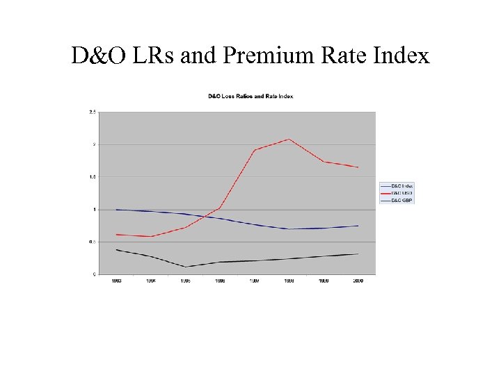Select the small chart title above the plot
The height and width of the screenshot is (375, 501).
pos(250,96)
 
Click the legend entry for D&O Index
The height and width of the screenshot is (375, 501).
pos(401,186)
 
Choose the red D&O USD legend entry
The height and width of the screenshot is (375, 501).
pos(401,193)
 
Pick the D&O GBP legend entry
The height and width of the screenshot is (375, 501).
pos(401,200)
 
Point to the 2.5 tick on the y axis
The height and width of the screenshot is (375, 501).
pos(92,112)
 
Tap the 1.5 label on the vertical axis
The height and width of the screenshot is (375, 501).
pos(92,177)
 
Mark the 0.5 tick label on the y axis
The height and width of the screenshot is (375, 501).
pos(92,242)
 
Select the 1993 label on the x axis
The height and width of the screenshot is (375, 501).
pos(116,281)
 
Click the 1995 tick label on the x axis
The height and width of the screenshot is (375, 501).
pos(185,281)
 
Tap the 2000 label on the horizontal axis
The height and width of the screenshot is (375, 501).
pos(358,281)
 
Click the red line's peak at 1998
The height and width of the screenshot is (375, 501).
pos(289,139)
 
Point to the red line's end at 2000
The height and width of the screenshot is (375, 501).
pos(358,167)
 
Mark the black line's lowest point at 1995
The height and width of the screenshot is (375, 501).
pos(185,267)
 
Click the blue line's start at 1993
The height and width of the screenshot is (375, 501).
pos(116,209)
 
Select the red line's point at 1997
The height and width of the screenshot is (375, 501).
pos(254,150)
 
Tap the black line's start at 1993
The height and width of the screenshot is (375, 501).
pos(116,249)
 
